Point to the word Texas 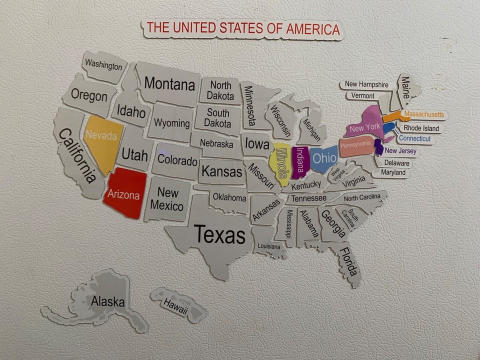coord(219,234)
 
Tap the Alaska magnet coord(107,301)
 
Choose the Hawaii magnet coord(176,305)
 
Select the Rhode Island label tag coord(421,128)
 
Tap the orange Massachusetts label coord(423,114)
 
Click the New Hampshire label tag coord(366,84)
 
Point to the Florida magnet coord(349,262)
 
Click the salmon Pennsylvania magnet coord(355,145)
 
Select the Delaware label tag coord(396,163)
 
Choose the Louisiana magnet coord(268,246)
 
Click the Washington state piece coord(103,66)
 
